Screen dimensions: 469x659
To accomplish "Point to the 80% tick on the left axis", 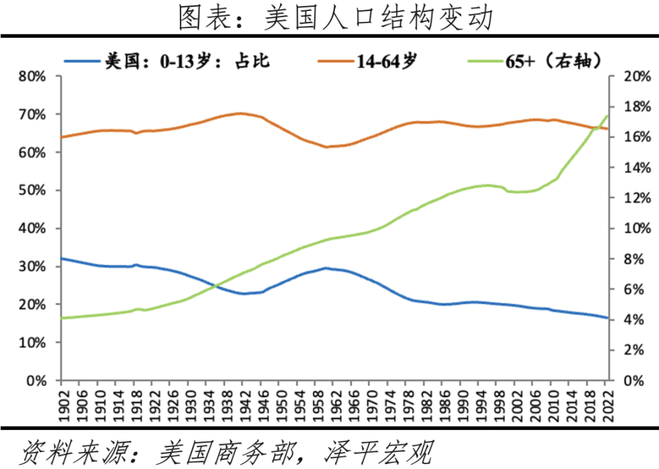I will coord(31,76).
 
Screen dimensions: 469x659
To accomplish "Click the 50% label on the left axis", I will coord(31,190).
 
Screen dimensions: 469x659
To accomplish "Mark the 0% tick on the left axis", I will coord(35,380).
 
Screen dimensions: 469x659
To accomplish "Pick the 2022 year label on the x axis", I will coord(607,402).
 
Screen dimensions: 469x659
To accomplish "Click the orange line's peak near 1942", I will coord(240,113).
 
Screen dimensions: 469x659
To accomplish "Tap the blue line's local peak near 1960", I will coord(325,268).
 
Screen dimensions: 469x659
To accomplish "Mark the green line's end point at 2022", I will coord(607,116).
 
